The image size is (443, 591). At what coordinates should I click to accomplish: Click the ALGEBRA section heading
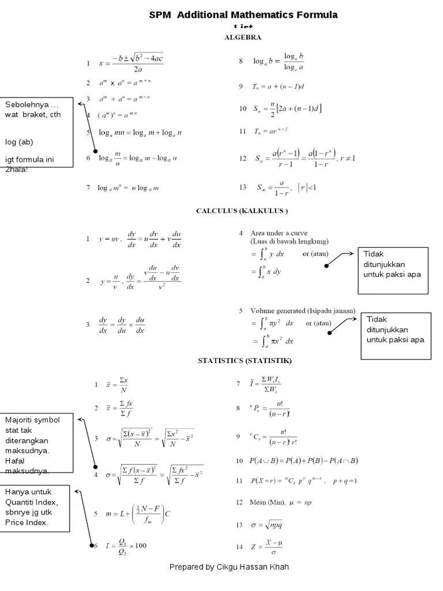coord(242,38)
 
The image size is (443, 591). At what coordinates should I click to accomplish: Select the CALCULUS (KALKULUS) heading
coord(242,211)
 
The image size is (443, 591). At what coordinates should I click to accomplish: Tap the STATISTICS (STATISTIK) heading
coord(245,361)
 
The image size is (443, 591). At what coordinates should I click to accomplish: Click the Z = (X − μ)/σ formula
coord(269,546)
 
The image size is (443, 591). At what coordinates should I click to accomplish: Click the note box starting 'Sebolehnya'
coord(37,132)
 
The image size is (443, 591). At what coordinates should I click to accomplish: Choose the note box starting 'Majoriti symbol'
coord(37,443)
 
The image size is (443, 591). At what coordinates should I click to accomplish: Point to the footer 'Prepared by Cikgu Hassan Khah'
coord(229,567)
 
